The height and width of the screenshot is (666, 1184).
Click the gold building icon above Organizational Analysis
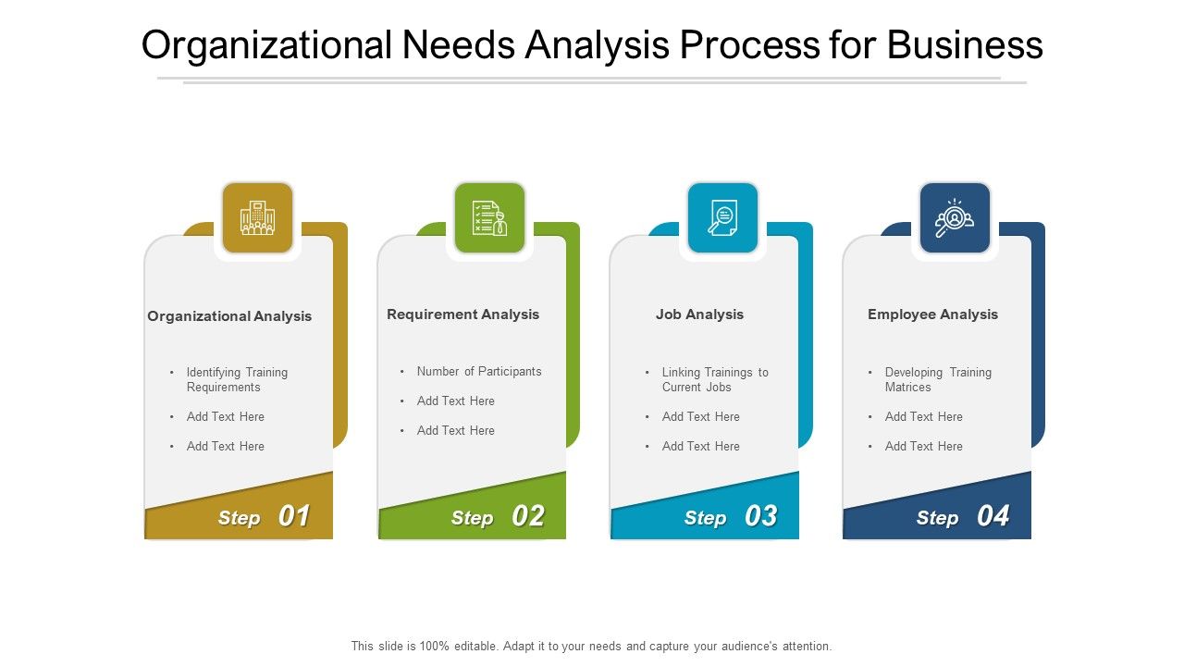[x=257, y=218]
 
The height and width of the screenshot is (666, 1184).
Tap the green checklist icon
[x=489, y=218]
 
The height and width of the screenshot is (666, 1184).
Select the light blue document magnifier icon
[x=722, y=218]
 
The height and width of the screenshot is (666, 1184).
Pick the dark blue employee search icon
[x=955, y=218]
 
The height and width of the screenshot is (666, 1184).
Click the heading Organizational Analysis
[x=229, y=316]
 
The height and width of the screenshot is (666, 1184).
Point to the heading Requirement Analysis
[x=462, y=314]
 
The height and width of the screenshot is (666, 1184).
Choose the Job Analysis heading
[x=699, y=314]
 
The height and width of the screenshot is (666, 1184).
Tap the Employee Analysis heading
[x=932, y=314]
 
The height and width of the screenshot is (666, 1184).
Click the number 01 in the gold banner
[x=294, y=516]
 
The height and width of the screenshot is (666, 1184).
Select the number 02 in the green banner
[x=527, y=516]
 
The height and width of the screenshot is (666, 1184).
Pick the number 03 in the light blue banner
[x=760, y=516]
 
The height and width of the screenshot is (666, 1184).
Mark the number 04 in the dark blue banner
[x=993, y=516]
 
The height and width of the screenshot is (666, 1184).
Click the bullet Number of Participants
[x=479, y=372]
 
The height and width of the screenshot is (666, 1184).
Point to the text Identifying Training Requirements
[x=237, y=379]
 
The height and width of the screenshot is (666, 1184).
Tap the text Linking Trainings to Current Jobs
[x=714, y=379]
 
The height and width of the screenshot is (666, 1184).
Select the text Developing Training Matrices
[x=937, y=379]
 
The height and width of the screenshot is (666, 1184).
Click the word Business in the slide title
[x=965, y=45]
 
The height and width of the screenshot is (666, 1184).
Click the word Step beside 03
[x=705, y=518]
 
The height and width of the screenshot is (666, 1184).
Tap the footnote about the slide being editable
[x=591, y=647]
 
